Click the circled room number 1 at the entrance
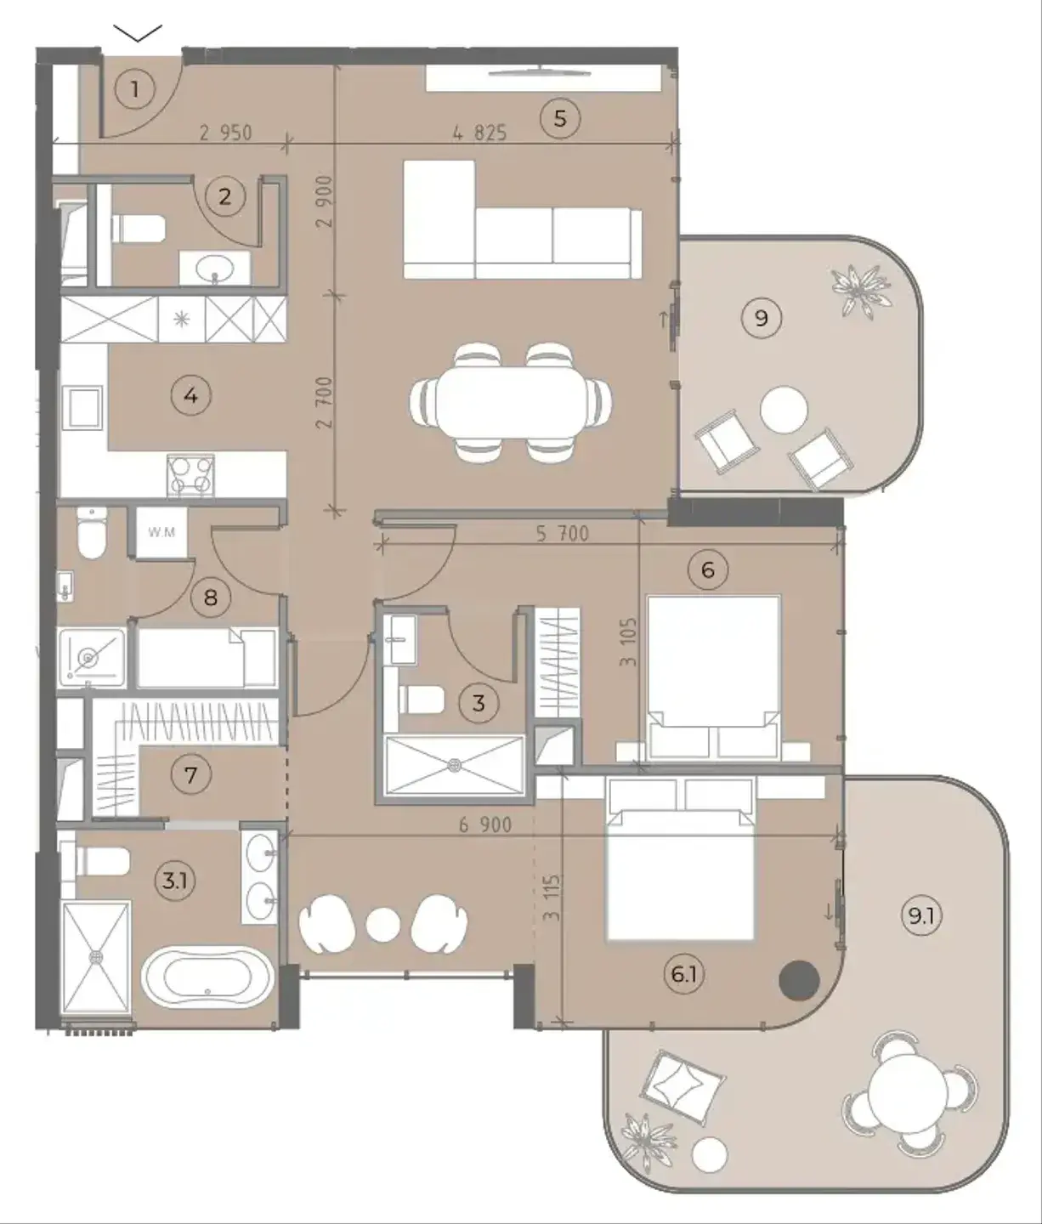point(135,90)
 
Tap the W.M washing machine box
point(161,532)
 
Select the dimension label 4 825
point(479,133)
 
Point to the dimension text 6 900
point(485,824)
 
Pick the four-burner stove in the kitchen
point(190,475)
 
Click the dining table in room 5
point(511,401)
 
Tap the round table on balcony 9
point(784,410)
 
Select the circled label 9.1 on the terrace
point(922,916)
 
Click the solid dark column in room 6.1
point(799,981)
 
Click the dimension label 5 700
point(563,534)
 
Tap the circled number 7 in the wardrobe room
point(190,775)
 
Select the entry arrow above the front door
point(138,33)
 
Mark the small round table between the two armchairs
point(384,925)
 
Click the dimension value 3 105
point(628,642)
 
